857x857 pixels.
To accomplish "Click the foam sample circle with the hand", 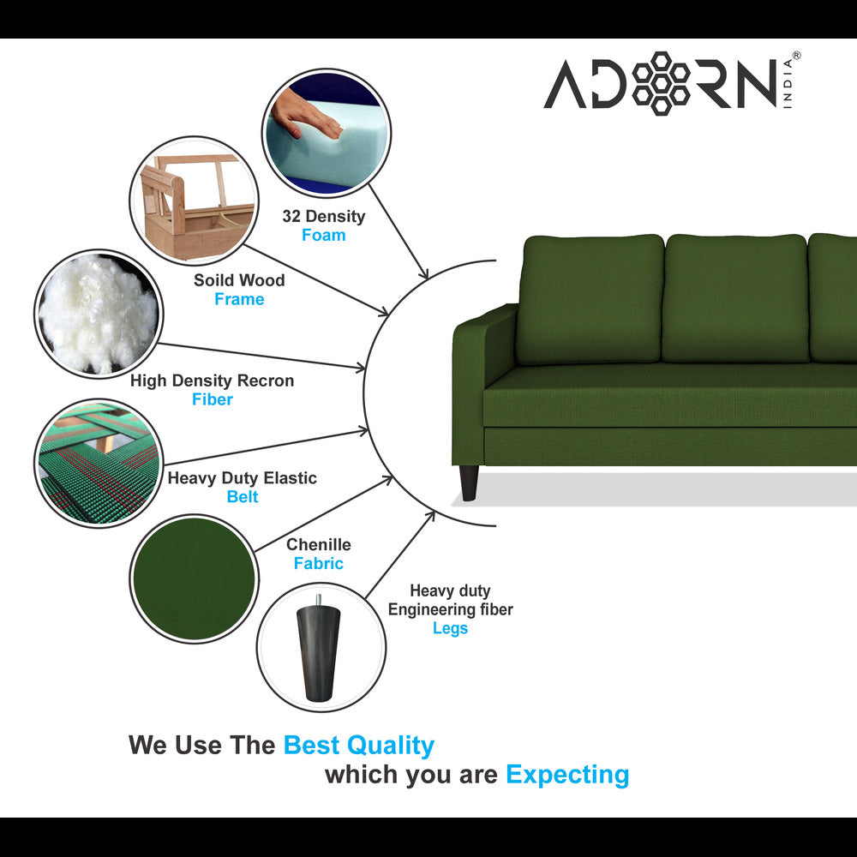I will (327, 132).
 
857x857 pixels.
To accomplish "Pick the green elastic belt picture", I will (99, 462).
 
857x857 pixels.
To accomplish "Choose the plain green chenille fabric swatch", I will (195, 578).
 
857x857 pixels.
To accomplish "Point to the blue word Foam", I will (323, 235).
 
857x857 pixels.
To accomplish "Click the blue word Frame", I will (239, 299).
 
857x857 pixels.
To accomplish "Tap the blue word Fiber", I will (212, 399).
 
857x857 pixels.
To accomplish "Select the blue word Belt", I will (243, 497).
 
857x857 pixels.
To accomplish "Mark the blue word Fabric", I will (318, 563).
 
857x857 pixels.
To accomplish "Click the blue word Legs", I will (450, 628).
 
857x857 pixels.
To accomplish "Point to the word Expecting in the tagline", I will (567, 775).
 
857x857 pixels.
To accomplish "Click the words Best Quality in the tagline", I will (358, 746).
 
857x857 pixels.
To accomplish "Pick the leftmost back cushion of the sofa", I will (590, 299).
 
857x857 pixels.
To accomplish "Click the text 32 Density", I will (323, 216).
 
